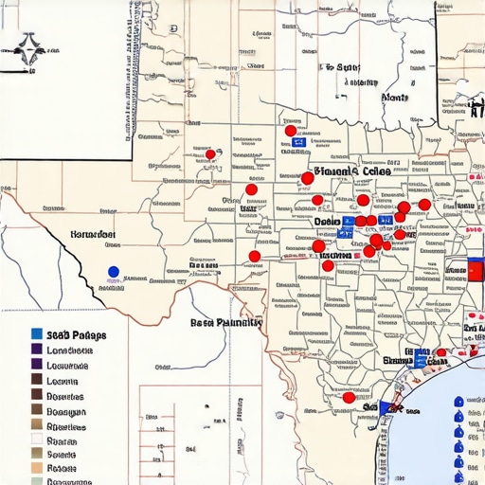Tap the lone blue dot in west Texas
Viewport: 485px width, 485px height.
(x=114, y=272)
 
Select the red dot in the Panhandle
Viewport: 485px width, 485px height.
(x=210, y=154)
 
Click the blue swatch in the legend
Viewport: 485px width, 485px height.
(x=36, y=334)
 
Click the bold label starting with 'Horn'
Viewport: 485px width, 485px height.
(x=93, y=234)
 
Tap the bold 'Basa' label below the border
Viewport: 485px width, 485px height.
(x=225, y=322)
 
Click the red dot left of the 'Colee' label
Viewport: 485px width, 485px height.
(x=307, y=177)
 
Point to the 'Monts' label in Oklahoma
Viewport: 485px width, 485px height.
(x=394, y=98)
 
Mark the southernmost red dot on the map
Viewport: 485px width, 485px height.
(x=349, y=398)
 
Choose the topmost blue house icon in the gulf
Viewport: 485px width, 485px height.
(x=459, y=402)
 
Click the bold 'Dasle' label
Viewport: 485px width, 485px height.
(x=328, y=222)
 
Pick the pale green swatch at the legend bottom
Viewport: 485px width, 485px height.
(x=36, y=481)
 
